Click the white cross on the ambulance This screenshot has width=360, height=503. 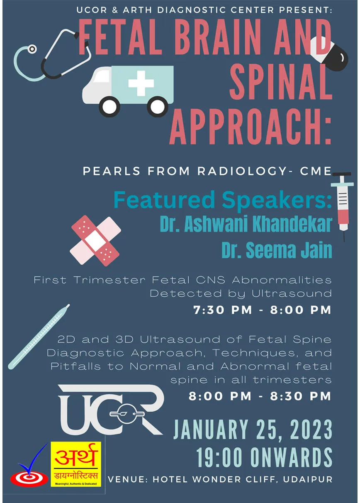(x=141, y=83)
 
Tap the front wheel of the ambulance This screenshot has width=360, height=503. (x=109, y=107)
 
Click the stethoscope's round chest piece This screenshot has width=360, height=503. (x=32, y=49)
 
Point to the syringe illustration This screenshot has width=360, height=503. (x=342, y=207)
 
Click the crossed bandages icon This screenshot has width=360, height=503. (x=95, y=241)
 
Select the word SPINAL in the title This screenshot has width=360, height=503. (x=281, y=81)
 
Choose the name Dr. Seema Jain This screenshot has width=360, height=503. (x=277, y=250)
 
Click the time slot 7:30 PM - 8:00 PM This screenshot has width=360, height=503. (x=262, y=310)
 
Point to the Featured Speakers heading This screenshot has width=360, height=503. (x=223, y=200)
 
